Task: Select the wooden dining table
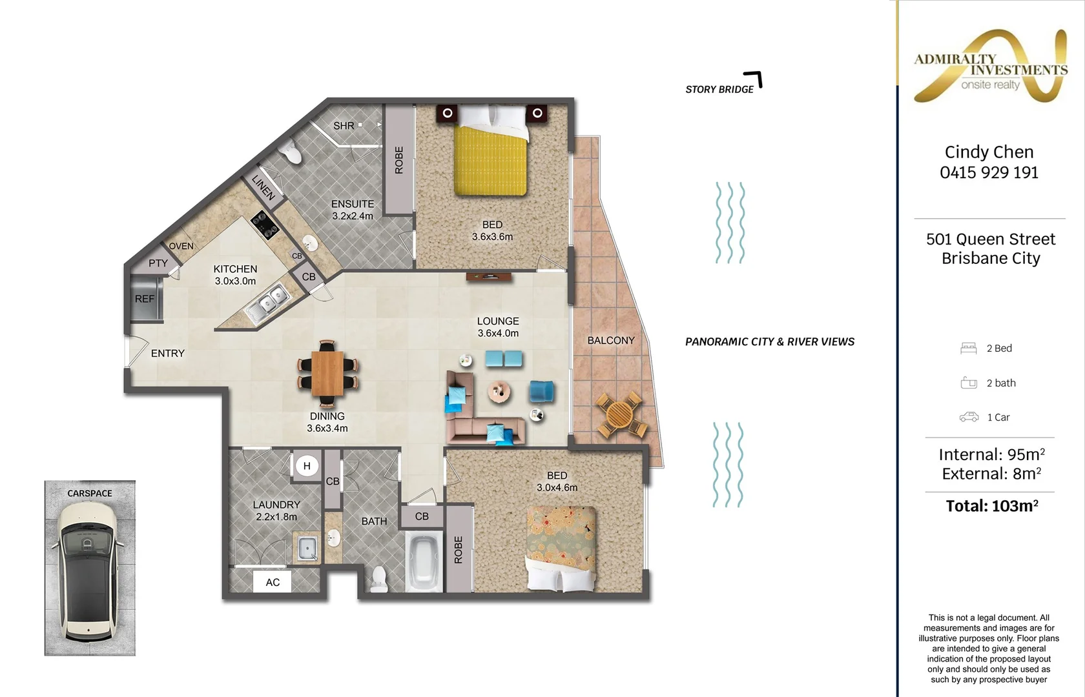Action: point(327,373)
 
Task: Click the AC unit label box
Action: point(273,582)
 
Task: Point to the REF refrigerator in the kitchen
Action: point(145,298)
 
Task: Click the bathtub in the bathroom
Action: point(424,561)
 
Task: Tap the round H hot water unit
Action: point(307,466)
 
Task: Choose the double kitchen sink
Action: point(267,303)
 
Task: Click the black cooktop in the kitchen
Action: point(265,226)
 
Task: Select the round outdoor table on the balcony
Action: point(619,416)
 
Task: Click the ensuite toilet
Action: point(292,152)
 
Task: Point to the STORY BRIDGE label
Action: point(719,90)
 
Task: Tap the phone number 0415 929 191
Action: point(989,173)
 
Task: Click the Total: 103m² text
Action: point(991,506)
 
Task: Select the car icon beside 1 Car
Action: point(969,417)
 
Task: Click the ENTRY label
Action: point(168,354)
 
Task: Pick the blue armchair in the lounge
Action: point(541,392)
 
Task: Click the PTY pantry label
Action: point(158,263)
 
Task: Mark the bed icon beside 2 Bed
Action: point(968,348)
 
